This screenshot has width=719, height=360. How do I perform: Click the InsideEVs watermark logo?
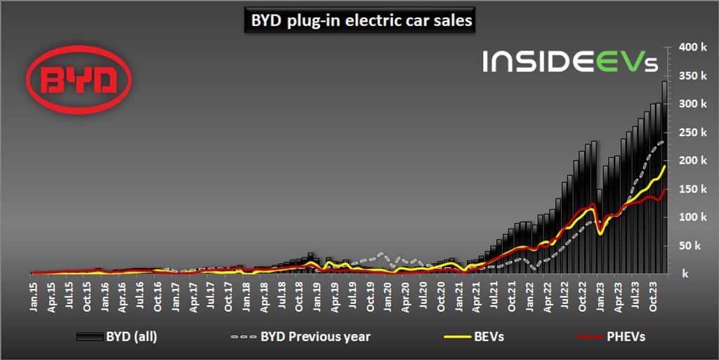tap(569, 62)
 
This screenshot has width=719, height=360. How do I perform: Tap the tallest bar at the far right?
tap(664, 175)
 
